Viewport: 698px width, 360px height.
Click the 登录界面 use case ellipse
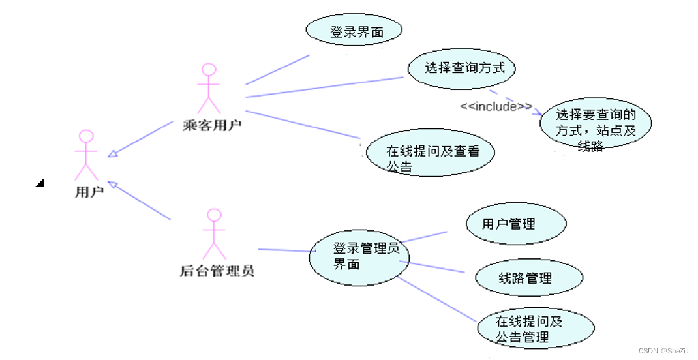354,31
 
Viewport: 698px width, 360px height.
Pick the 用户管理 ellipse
515,224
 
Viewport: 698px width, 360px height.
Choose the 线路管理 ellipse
528,278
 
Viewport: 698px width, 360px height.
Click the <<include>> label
496,106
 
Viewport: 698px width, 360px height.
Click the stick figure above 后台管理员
214,234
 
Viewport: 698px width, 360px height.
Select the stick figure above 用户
86,155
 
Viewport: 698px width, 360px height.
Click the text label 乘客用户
212,125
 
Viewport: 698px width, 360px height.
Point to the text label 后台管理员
217,270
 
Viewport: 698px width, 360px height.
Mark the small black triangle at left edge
40,183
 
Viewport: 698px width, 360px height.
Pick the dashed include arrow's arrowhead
539,113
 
